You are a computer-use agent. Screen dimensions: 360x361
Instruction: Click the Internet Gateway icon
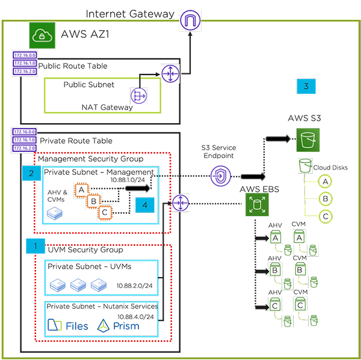click(x=190, y=21)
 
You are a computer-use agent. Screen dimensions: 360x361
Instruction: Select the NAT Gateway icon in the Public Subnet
click(x=140, y=95)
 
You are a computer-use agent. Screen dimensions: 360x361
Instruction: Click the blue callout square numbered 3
click(x=306, y=87)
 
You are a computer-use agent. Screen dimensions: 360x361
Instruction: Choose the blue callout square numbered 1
click(x=35, y=245)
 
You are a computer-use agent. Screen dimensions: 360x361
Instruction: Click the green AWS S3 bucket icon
click(x=307, y=140)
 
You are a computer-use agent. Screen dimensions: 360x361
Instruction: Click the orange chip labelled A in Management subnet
click(x=80, y=189)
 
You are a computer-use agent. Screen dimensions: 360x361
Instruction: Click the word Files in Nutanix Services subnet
click(x=77, y=326)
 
